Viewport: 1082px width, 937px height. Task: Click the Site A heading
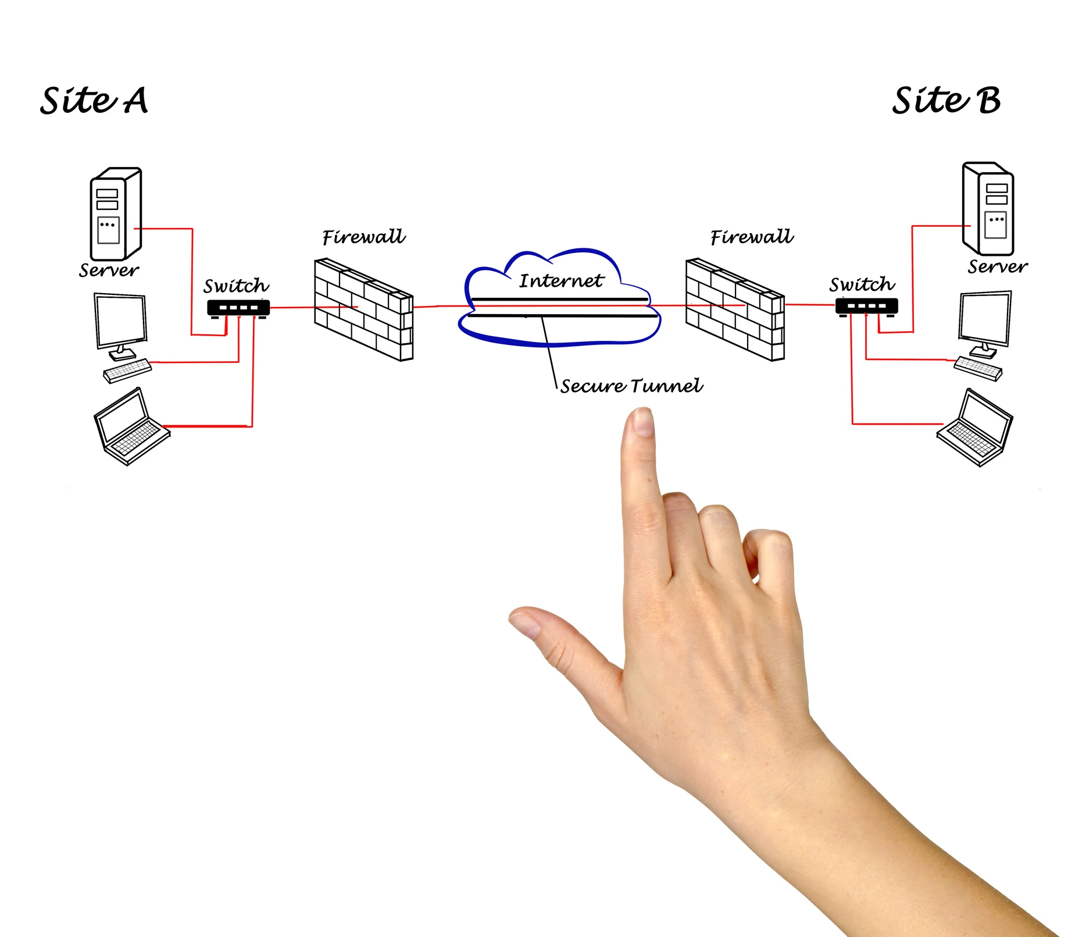click(94, 101)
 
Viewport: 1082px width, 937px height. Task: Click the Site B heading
click(946, 101)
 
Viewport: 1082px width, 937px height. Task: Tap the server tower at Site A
click(115, 213)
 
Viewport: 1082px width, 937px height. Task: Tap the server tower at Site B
click(988, 209)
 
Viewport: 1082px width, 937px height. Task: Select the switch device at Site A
click(238, 308)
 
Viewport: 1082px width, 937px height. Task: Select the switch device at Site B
click(866, 306)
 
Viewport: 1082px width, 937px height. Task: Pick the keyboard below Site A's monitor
click(127, 370)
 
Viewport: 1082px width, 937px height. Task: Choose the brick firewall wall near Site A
click(363, 309)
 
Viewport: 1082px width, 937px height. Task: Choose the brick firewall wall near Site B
click(735, 309)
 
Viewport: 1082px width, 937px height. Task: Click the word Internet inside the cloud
click(561, 281)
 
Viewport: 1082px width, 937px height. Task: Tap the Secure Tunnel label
click(631, 386)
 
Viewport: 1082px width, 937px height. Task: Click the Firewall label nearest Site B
click(751, 237)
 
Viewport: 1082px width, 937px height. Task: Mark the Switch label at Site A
click(236, 286)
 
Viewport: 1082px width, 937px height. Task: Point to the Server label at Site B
click(997, 267)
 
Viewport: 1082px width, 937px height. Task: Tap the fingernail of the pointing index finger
click(643, 421)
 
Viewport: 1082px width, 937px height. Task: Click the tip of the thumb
click(523, 621)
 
